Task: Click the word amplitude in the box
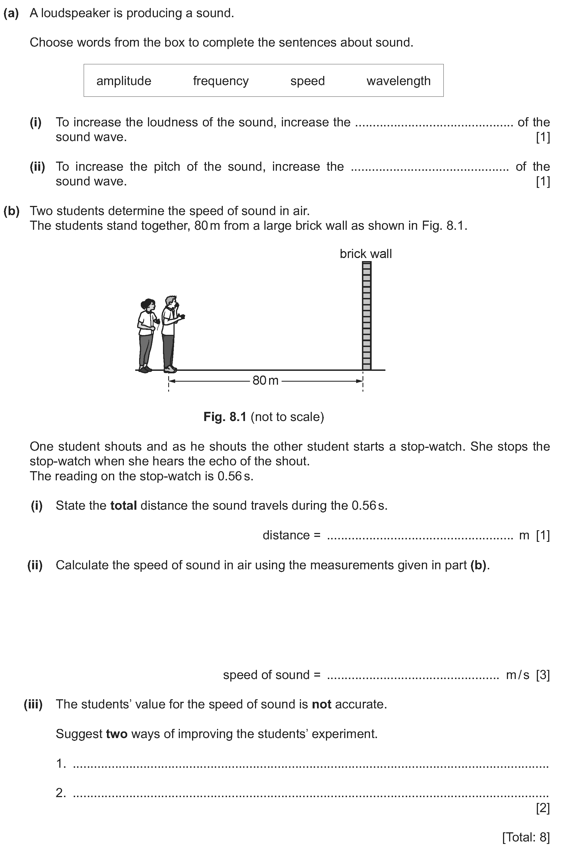124,81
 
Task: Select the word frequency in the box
221,81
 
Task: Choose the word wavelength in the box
398,81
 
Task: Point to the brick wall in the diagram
366,316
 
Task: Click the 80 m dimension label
265,381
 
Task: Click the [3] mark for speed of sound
543,675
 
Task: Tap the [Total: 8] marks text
525,837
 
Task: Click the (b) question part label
11,211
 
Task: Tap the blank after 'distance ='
420,536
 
